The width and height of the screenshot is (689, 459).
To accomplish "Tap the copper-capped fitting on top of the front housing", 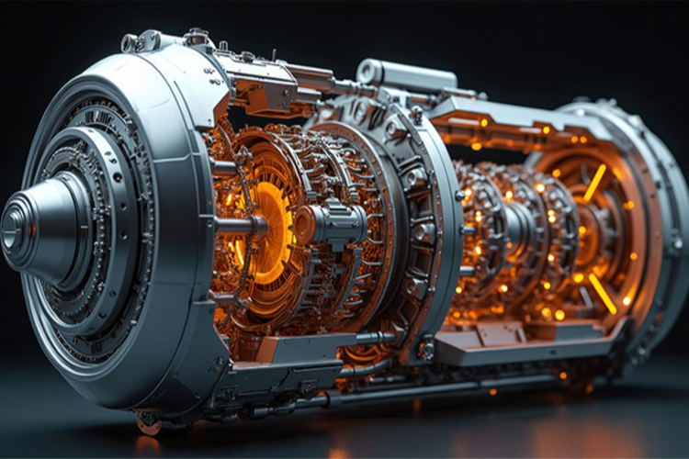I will tap(196, 38).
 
